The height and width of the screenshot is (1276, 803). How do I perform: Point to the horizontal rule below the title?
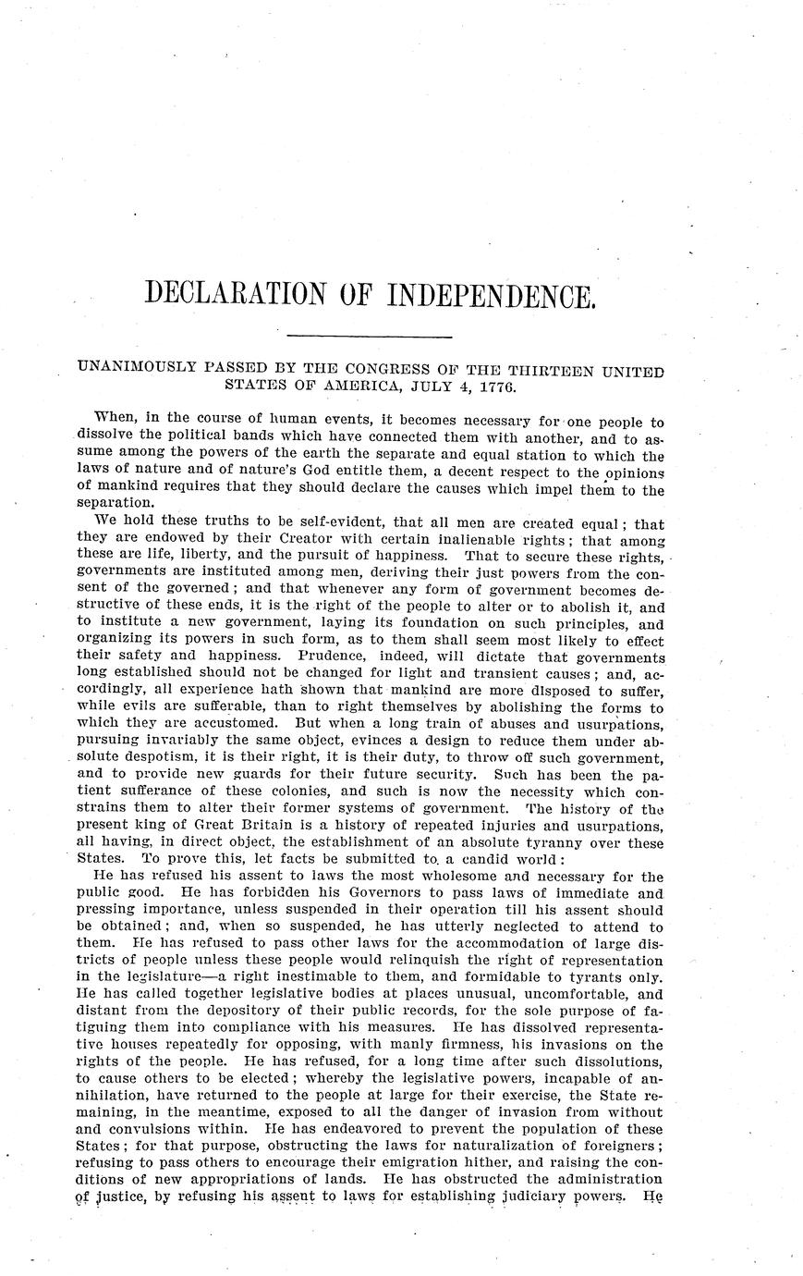point(370,336)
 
